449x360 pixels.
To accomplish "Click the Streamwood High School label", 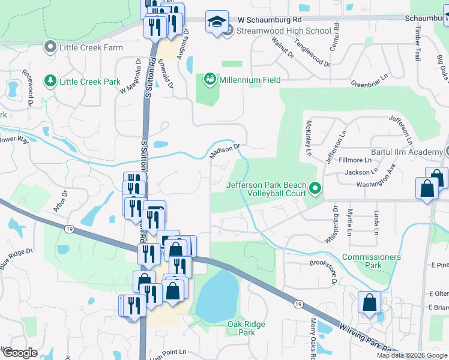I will (x=283, y=31).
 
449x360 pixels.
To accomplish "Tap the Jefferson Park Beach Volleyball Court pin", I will (x=315, y=190).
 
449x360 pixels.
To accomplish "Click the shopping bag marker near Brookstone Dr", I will (x=369, y=302).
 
